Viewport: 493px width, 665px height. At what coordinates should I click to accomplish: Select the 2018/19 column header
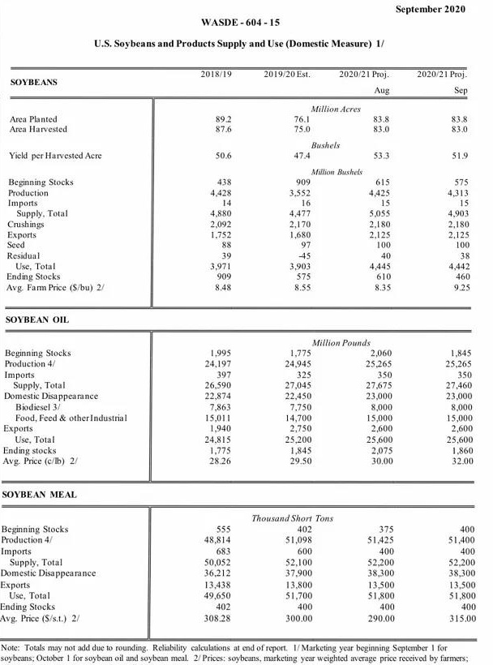point(216,75)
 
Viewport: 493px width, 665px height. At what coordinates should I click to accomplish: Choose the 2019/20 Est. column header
point(287,75)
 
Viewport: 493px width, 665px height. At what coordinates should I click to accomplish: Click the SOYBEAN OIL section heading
point(37,320)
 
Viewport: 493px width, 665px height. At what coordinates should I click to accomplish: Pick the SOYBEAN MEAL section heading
point(39,494)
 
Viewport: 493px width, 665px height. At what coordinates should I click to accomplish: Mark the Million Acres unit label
point(336,109)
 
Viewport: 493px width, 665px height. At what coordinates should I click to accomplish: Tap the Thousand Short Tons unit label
point(292,518)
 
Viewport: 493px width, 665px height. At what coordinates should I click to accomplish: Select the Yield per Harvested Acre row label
point(55,156)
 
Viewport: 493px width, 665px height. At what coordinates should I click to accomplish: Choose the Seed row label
point(19,245)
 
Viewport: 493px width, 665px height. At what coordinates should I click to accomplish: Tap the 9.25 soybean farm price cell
point(459,287)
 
